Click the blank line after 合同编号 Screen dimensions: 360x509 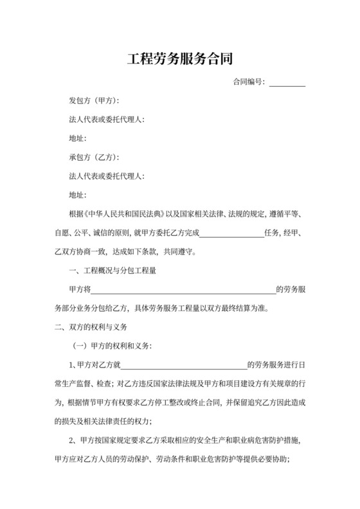tap(287, 84)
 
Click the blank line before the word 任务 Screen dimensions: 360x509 tap(233, 233)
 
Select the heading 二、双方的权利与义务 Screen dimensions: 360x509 tap(87, 326)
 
